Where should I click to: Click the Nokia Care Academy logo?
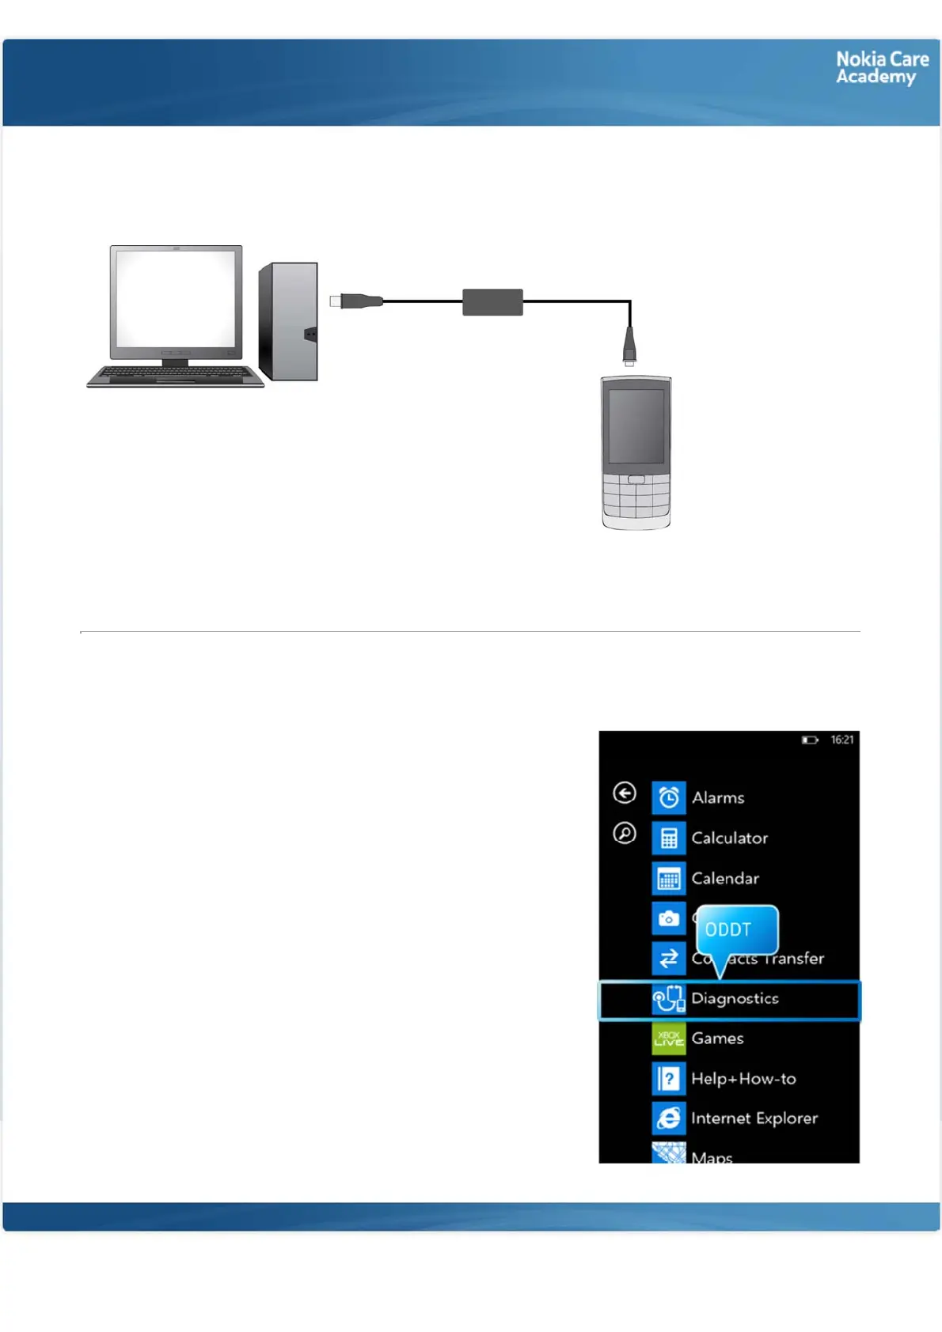tap(882, 68)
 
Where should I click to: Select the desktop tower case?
tap(289, 321)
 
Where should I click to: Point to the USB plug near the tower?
tap(356, 301)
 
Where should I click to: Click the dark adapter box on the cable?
tap(492, 302)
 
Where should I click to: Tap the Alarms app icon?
tap(669, 797)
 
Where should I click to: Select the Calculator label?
tap(729, 838)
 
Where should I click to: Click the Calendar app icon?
tap(669, 878)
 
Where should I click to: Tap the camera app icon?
tap(669, 918)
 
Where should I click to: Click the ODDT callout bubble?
tap(736, 930)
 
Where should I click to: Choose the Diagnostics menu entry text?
tap(735, 999)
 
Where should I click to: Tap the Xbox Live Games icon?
tap(669, 1039)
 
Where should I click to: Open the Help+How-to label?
tap(743, 1079)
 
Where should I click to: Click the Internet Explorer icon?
tap(669, 1118)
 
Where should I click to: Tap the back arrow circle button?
tap(625, 793)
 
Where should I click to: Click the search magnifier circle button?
tap(625, 834)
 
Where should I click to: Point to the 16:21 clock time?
tap(842, 740)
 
